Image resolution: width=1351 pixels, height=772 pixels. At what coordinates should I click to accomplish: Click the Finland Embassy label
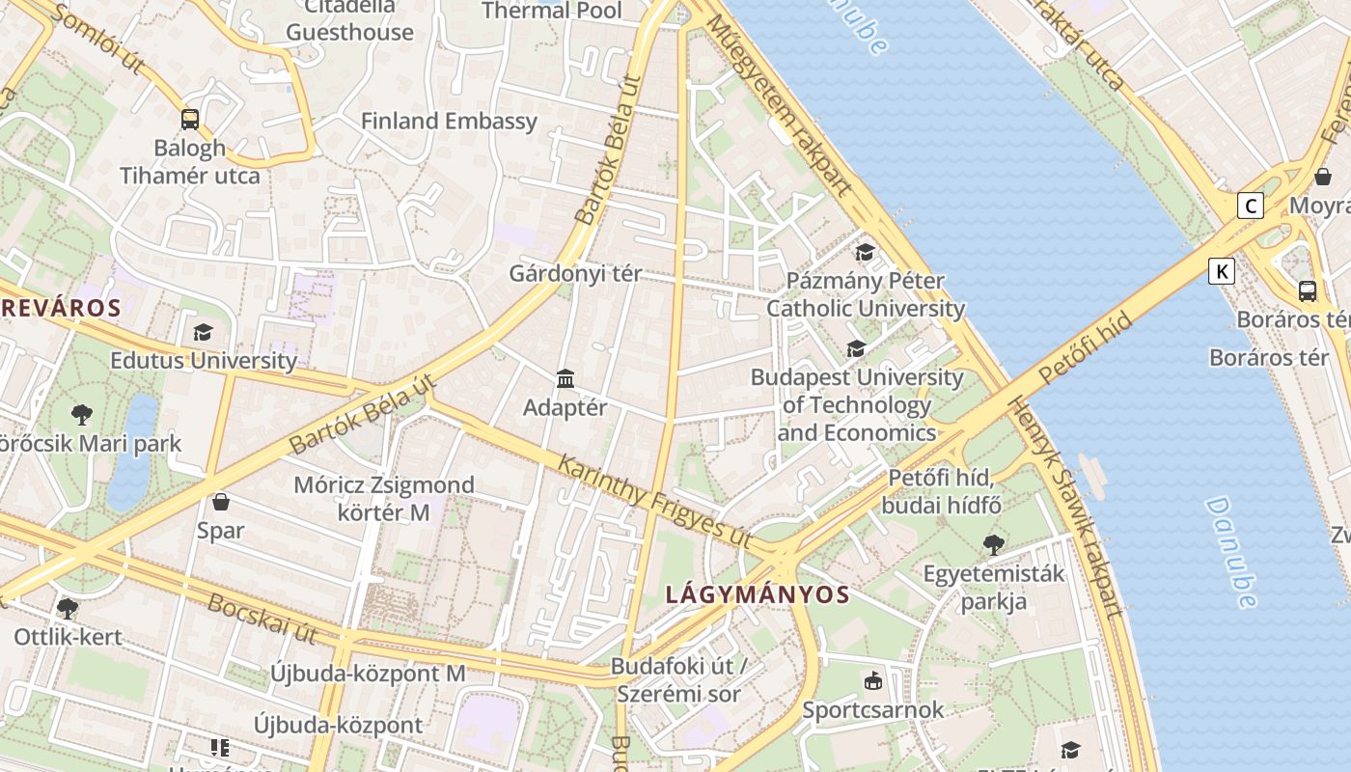[449, 122]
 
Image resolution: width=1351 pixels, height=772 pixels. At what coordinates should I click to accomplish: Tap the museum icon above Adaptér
[565, 379]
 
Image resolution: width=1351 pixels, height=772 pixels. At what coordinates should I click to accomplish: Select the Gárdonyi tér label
[575, 274]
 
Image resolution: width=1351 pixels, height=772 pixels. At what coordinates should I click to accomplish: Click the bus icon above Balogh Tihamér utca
[190, 120]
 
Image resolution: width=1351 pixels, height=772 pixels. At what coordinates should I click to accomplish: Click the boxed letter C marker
[1251, 206]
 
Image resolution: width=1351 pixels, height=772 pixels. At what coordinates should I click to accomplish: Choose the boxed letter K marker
[1222, 271]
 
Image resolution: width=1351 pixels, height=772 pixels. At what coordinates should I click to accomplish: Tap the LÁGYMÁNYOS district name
[758, 594]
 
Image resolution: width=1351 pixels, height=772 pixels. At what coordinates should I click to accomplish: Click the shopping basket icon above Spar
[221, 502]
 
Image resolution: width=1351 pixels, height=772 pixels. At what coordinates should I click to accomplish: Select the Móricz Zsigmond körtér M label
[384, 498]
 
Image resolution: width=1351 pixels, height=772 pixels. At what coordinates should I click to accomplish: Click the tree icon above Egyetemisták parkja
[993, 545]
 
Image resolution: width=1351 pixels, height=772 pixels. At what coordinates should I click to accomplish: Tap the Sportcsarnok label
[873, 710]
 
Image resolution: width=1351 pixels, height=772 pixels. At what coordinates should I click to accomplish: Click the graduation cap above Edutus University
[203, 333]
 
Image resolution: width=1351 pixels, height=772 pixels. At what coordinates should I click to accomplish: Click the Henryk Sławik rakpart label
[1066, 507]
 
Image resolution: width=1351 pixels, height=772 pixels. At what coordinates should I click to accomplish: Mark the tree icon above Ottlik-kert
[67, 609]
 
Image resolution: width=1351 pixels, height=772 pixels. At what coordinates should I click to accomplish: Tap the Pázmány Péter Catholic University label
[865, 294]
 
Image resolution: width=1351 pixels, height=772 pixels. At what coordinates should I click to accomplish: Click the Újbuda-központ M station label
[368, 674]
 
